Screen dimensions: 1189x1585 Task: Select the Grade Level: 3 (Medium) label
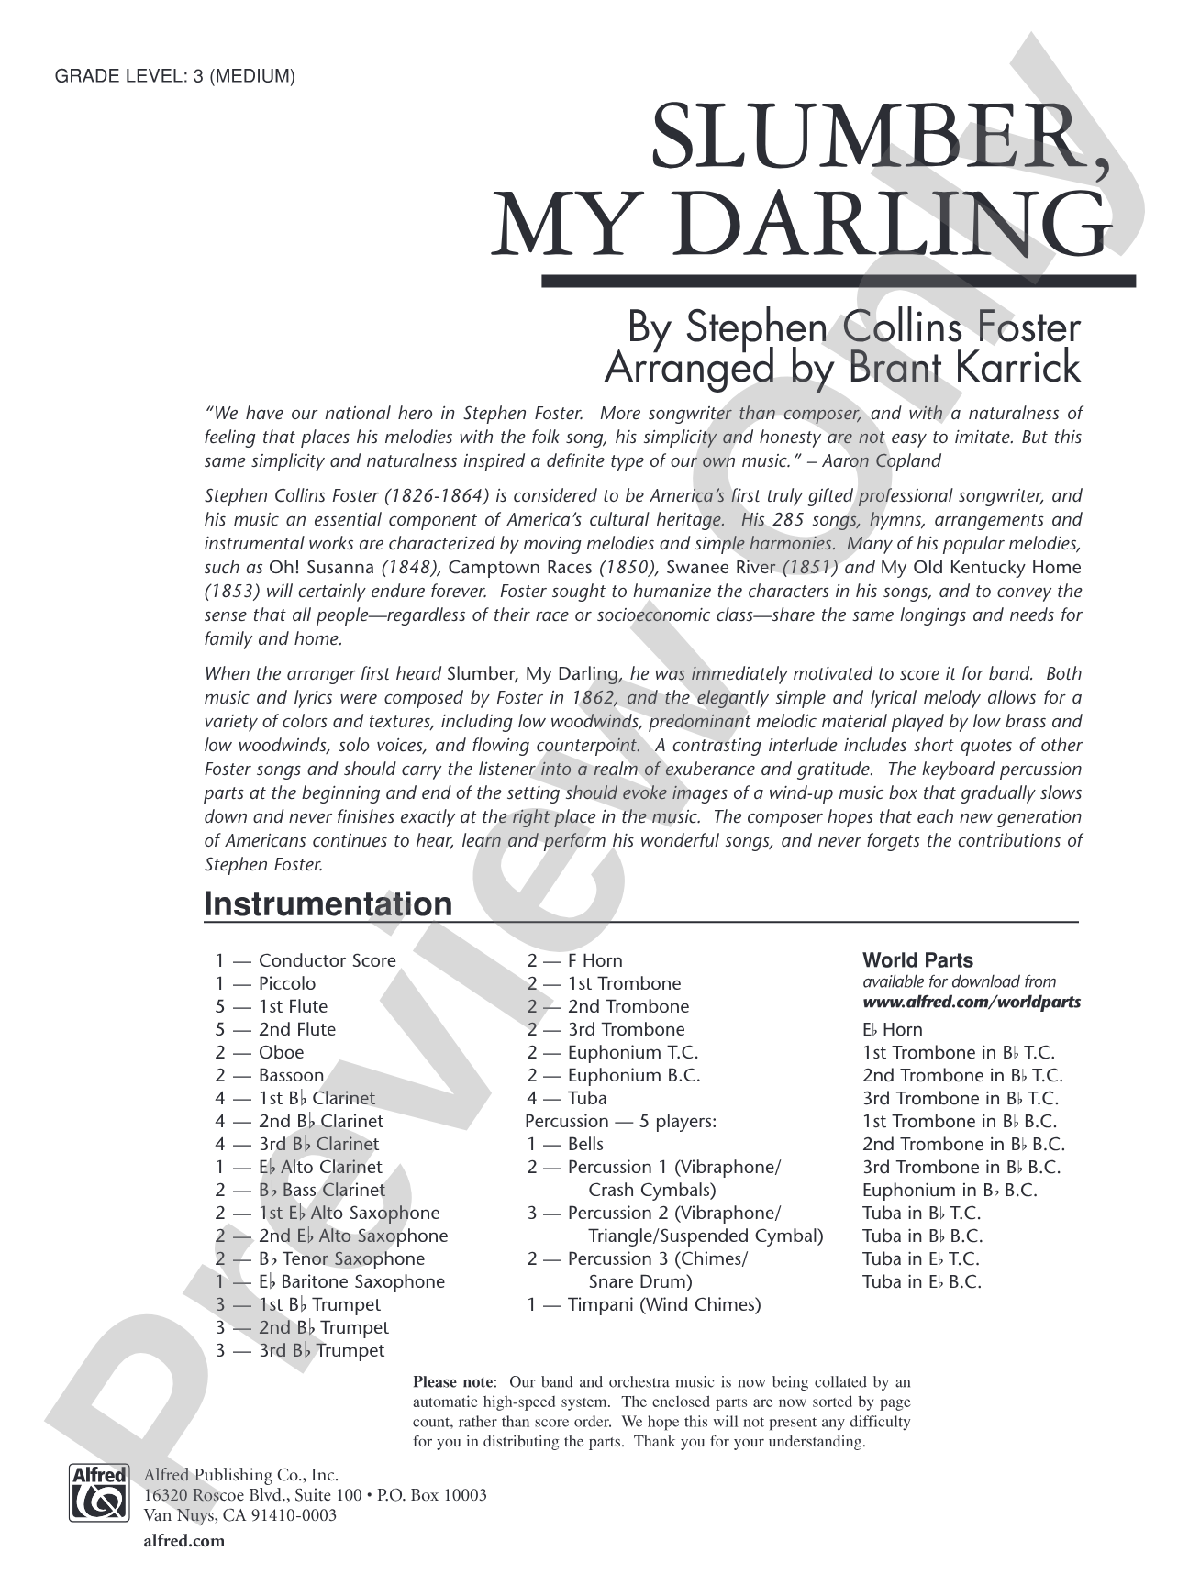click(x=175, y=77)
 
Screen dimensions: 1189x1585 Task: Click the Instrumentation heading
click(x=328, y=903)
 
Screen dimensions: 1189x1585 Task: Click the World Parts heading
click(x=917, y=960)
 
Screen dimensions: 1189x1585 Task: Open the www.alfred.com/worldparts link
click(x=971, y=1002)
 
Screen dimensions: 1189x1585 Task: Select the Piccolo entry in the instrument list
click(x=286, y=983)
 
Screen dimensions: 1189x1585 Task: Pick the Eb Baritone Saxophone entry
click(x=352, y=1281)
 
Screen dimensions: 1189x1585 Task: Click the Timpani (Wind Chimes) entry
click(x=663, y=1304)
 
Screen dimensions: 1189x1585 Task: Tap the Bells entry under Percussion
click(x=585, y=1144)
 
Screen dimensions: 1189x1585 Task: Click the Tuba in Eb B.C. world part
click(x=921, y=1281)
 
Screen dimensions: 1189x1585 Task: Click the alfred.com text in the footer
click(x=183, y=1542)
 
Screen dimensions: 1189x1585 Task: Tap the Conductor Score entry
click(x=327, y=960)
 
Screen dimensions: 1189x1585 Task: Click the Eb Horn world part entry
click(x=892, y=1029)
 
